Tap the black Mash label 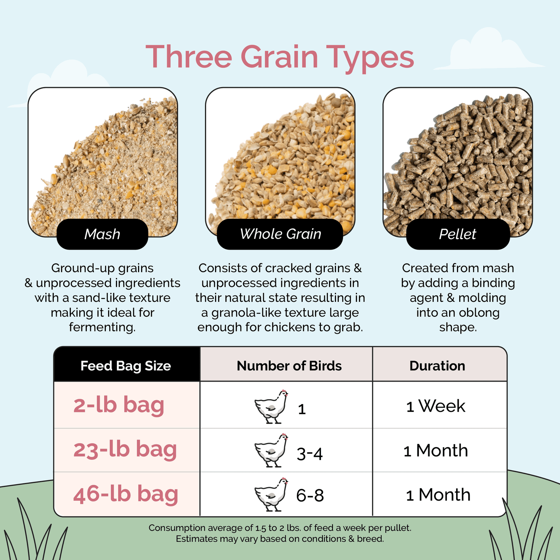pos(102,234)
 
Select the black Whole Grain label pos(280,234)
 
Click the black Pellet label pos(458,234)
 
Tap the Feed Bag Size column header pos(126,365)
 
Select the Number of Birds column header pos(289,365)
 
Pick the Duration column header pos(437,365)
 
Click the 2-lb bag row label pos(119,405)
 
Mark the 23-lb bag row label pos(125,450)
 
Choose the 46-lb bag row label pos(126,494)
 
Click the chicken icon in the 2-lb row pos(271,407)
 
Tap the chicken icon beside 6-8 pos(271,495)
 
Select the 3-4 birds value pos(310,453)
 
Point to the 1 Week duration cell pos(436,406)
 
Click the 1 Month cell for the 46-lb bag pos(438,495)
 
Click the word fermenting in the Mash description pos(102,327)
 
